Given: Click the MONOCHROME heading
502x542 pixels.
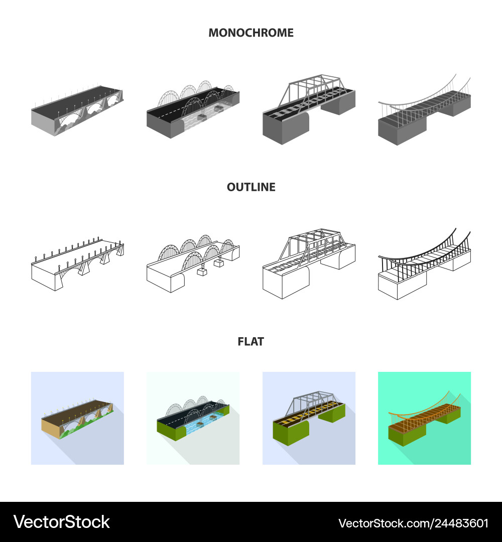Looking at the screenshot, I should pos(251,33).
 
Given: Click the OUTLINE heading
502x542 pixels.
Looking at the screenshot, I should pos(251,187).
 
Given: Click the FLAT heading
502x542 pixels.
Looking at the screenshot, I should pos(251,342).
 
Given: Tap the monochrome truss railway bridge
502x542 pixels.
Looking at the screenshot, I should pos(309,110).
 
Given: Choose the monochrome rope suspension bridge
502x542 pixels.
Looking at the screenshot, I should pos(424,113).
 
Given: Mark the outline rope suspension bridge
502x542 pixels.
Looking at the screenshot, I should pos(424,266).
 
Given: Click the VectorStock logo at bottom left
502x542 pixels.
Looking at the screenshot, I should pos(61,522).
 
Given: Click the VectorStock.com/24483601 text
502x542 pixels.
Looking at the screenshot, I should pos(413,523).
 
